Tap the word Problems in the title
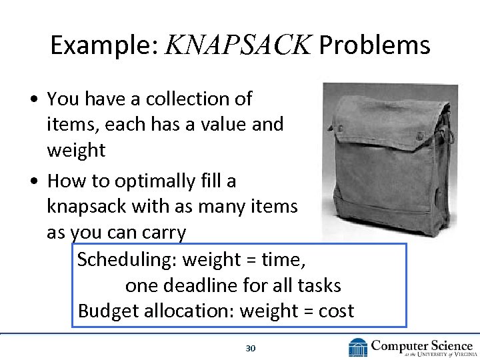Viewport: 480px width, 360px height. click(375, 45)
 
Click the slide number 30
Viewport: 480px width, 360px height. click(251, 348)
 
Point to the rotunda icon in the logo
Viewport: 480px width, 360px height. click(358, 347)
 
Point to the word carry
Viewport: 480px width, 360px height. click(163, 232)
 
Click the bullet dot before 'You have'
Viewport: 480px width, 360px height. click(33, 99)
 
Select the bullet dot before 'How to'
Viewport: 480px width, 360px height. click(33, 181)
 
